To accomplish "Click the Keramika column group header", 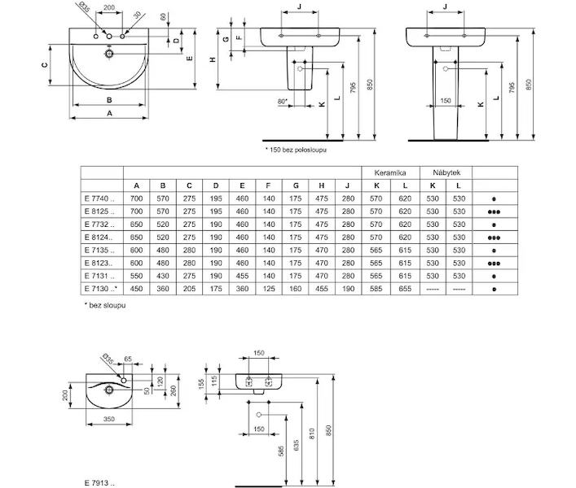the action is tap(389, 172).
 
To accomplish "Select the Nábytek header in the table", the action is tap(446, 172).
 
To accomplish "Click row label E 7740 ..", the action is tap(99, 198).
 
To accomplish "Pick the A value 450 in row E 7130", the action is tap(136, 289).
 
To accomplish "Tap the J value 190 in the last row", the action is tap(348, 289).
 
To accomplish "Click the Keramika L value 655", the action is tap(405, 289).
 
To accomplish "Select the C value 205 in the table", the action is tap(189, 289).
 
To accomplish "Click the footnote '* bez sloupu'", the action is tap(105, 305).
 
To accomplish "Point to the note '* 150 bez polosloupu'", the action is tap(296, 150).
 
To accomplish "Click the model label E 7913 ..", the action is tap(99, 483).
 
